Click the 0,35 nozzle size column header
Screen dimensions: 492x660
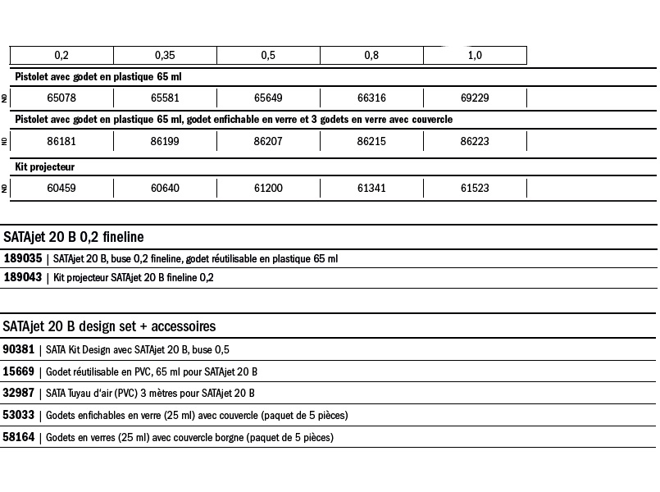tap(165, 56)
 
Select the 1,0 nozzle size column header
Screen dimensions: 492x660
tap(475, 56)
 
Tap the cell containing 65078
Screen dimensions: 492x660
tap(61, 98)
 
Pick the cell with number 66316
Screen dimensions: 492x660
tap(371, 98)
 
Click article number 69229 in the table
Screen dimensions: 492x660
tap(475, 98)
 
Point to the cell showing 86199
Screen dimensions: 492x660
tap(165, 141)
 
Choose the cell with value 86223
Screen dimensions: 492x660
tap(475, 141)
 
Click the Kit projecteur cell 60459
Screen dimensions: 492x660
tap(61, 189)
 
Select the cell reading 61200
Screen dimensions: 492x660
tap(268, 189)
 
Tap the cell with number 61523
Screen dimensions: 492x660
tap(475, 189)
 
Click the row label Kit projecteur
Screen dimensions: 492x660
tap(45, 167)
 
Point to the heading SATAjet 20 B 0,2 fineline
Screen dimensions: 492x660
tap(74, 237)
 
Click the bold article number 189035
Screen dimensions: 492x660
tap(22, 258)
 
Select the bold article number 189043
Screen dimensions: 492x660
tap(22, 278)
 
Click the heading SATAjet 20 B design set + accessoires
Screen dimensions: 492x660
tap(109, 326)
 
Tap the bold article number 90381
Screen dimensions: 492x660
tap(19, 349)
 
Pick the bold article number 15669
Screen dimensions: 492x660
tap(19, 371)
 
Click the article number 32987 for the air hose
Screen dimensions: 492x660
tap(19, 393)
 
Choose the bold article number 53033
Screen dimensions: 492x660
tap(19, 415)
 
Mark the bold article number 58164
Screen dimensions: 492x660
tap(19, 437)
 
